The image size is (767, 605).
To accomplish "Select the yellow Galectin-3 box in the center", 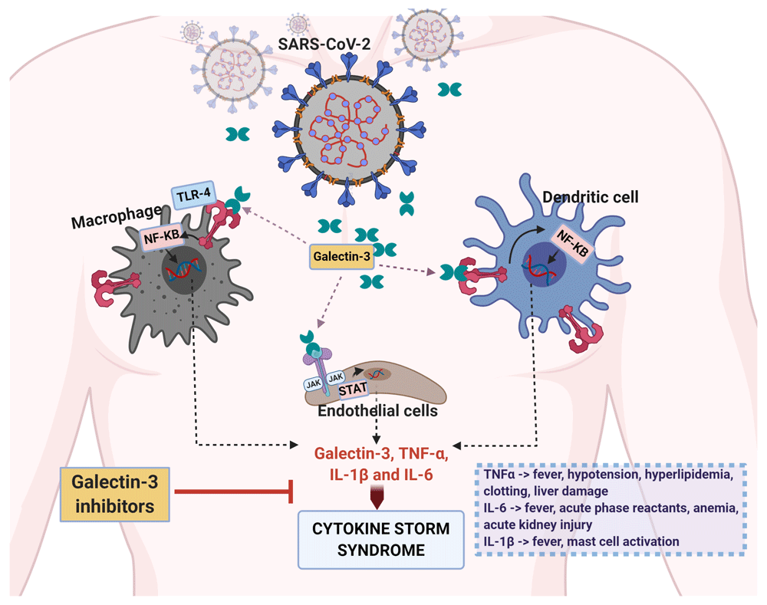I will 341,256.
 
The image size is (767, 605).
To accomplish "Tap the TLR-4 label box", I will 192,196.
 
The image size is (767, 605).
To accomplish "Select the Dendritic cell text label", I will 591,198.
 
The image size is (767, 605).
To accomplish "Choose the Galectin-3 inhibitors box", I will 114,493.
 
